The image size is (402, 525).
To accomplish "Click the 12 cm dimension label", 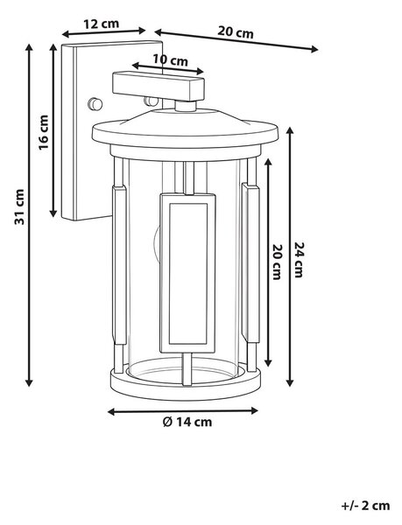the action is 101,24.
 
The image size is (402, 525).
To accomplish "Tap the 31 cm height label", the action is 20,206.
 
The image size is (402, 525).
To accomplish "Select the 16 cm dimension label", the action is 44,132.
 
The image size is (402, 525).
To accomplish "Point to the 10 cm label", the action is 171,60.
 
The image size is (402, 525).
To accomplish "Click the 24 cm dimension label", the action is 298,260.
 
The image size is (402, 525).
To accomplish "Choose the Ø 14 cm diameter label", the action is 187,423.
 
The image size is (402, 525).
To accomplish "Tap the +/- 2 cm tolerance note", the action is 366,505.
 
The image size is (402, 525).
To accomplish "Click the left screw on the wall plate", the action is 95,104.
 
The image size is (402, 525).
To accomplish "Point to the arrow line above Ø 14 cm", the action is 182,411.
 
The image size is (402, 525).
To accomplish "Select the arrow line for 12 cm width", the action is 104,32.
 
